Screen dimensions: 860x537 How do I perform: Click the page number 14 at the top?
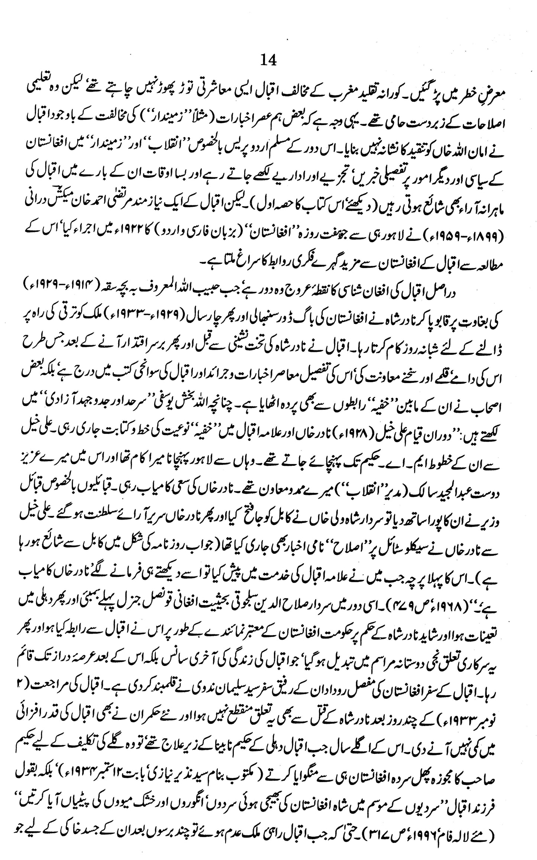click(269, 60)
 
